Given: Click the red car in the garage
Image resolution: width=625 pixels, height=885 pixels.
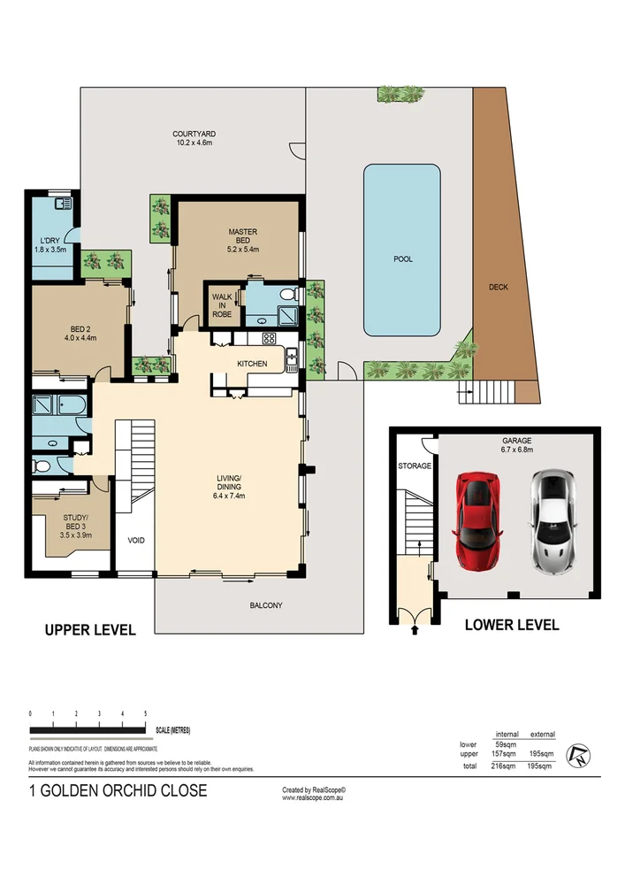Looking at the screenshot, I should click(477, 520).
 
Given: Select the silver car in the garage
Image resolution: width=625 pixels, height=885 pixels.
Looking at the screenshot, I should click(553, 520).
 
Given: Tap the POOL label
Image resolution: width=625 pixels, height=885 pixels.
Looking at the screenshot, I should click(402, 259).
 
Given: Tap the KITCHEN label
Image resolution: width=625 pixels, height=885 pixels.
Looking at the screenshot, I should click(252, 364).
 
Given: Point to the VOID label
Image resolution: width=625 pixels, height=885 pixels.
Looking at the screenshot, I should click(136, 540).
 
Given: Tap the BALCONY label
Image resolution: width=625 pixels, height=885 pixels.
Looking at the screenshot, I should click(265, 605).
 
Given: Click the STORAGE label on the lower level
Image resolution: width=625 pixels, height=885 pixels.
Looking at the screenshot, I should click(414, 466).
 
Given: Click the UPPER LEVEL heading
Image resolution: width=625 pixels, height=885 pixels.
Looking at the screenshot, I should click(90, 630).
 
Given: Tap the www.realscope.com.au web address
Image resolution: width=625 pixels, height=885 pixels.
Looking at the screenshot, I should click(313, 797).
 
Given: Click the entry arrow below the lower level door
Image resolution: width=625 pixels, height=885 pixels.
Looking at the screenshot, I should click(415, 630).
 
